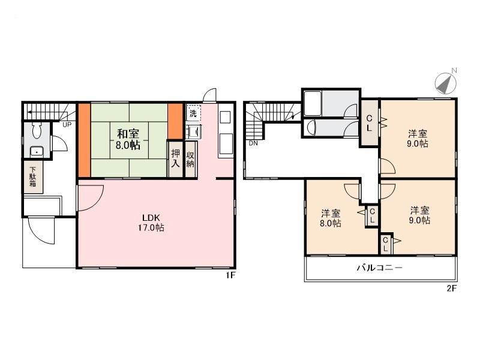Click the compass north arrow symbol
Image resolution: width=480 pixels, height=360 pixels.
point(445,83)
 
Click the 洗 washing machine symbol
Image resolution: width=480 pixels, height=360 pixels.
point(193,113)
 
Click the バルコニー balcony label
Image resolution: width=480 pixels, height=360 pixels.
point(380,268)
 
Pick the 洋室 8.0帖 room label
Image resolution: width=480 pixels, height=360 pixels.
point(331,218)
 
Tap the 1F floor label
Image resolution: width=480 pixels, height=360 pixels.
point(229,275)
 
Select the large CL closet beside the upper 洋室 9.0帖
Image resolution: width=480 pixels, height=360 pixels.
point(370,122)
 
